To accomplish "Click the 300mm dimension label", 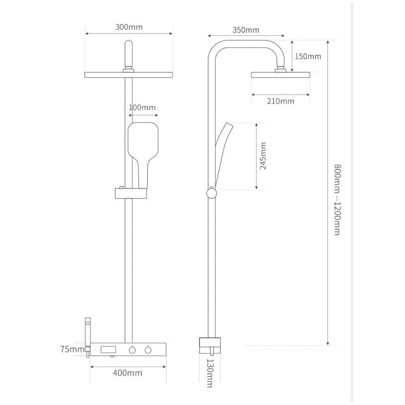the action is point(129,27).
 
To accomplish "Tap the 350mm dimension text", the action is point(246,30).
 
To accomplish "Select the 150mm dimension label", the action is point(308,56).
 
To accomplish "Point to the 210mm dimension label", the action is point(281,101).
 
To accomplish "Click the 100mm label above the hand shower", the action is point(142,107).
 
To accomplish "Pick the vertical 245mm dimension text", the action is point(263,156).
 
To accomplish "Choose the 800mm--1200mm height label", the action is point(337,200).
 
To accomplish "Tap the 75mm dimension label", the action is point(72,349).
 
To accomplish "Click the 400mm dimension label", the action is point(128,373).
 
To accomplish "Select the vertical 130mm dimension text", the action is point(210,373).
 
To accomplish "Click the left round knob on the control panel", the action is point(132,350).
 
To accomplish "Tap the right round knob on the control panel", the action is point(148,350).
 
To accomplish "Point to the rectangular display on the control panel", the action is point(108,350).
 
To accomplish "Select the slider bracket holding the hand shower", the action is point(131,193).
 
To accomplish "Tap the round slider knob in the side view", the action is point(211,194).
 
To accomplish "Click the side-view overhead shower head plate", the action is point(281,75).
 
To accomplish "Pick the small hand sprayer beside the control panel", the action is point(88,337).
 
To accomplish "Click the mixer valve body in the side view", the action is point(210,345).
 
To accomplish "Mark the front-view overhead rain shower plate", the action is point(129,75).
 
